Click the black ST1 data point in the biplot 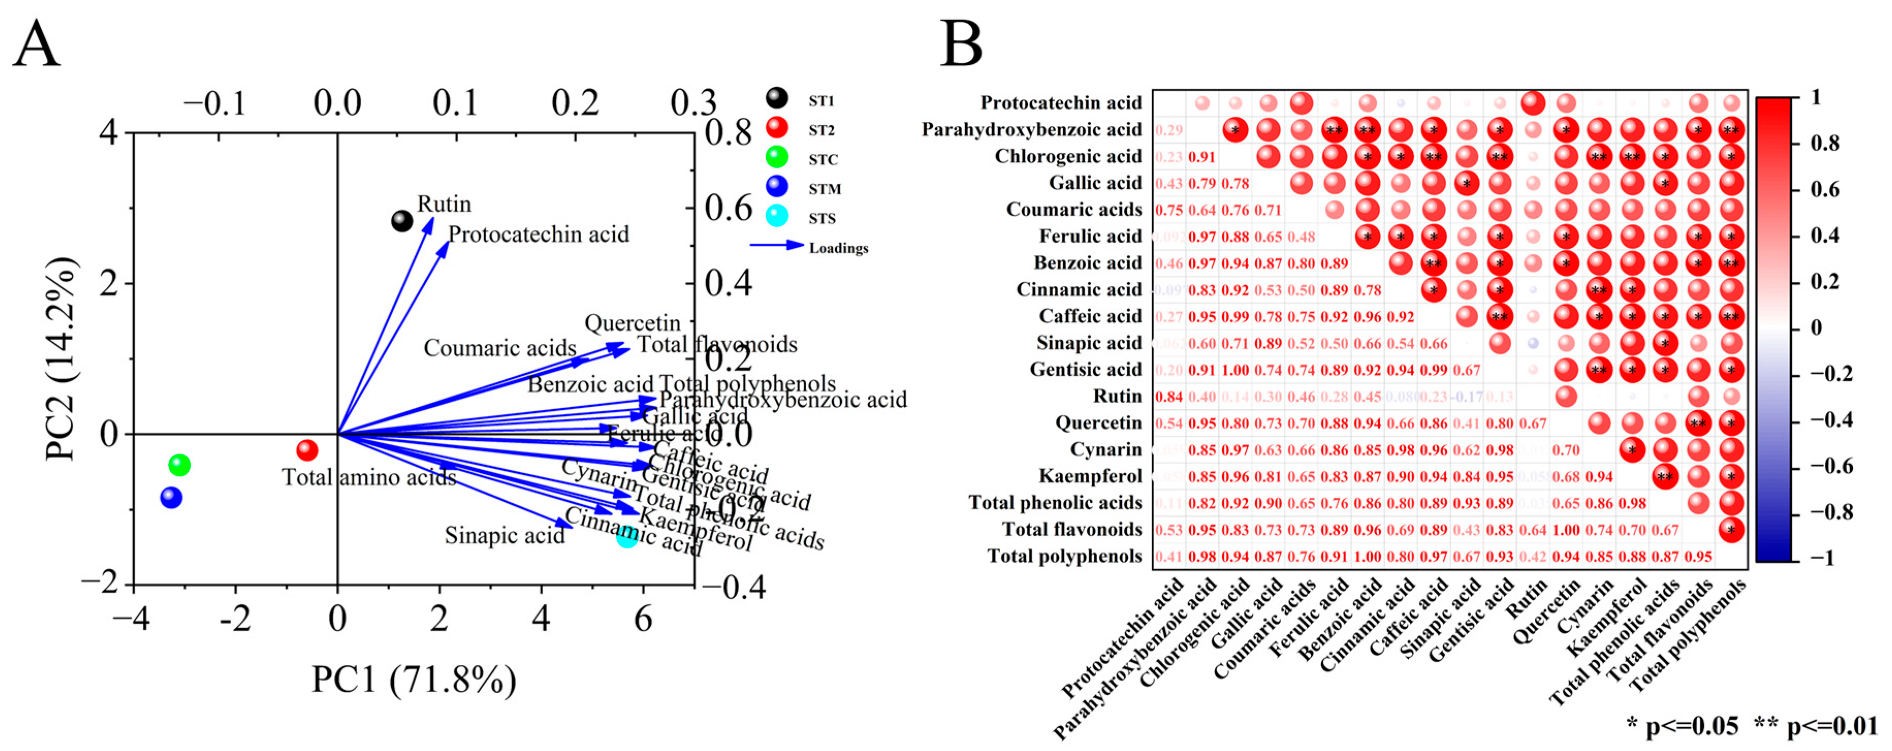(402, 220)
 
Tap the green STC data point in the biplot (179, 465)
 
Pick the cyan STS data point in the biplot (627, 536)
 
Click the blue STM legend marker (776, 187)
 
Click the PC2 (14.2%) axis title (60, 359)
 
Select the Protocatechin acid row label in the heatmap (1061, 103)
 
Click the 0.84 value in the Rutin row (1168, 397)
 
